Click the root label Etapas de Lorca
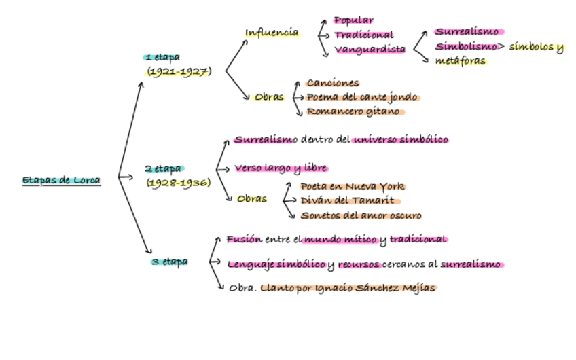pyautogui.click(x=61, y=180)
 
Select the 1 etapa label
pyautogui.click(x=162, y=58)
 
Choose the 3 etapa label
pyautogui.click(x=170, y=261)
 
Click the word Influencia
pyautogui.click(x=272, y=32)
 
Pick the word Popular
pyautogui.click(x=354, y=20)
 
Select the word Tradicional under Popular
pyautogui.click(x=363, y=35)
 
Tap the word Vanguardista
pyautogui.click(x=370, y=49)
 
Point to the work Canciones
pyautogui.click(x=332, y=83)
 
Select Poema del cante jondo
pyautogui.click(x=361, y=97)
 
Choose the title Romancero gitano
pyautogui.click(x=353, y=111)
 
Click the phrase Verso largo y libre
pyautogui.click(x=281, y=168)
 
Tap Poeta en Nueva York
pyautogui.click(x=353, y=185)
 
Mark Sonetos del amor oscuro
pyautogui.click(x=361, y=215)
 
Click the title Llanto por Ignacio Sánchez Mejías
pyautogui.click(x=348, y=287)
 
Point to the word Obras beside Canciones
pyautogui.click(x=269, y=97)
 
